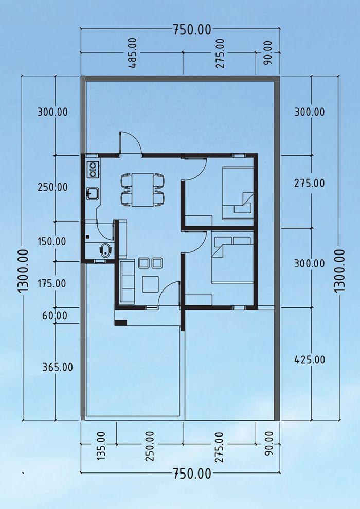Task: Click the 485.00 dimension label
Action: (133, 53)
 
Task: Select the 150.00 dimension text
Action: (51, 242)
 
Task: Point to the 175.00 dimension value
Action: (51, 283)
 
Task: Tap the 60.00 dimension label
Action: (55, 316)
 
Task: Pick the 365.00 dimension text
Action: (58, 368)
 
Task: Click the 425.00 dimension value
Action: (310, 360)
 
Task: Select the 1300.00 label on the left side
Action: (24, 270)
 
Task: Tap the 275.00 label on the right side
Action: (310, 184)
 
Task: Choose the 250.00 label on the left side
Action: (52, 187)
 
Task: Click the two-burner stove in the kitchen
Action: (93, 170)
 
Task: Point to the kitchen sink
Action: (93, 193)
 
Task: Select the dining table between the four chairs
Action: (142, 190)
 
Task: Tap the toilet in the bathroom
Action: (106, 250)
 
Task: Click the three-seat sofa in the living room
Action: (127, 281)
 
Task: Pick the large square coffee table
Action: (150, 284)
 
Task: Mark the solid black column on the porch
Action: (121, 323)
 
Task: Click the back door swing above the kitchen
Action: (131, 142)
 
